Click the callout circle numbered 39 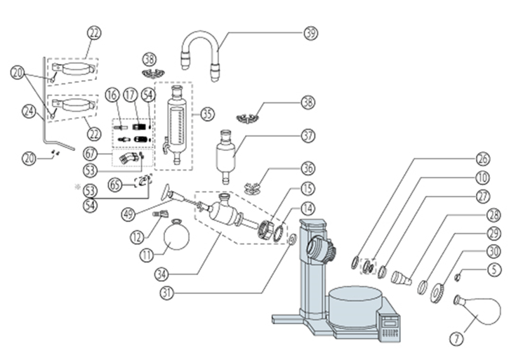click(310, 33)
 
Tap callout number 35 click(207, 114)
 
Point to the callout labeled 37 click(308, 135)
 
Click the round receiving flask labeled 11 click(177, 234)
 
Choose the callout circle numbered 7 click(457, 339)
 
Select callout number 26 click(483, 159)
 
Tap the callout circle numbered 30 click(494, 252)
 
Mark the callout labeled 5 click(494, 270)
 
